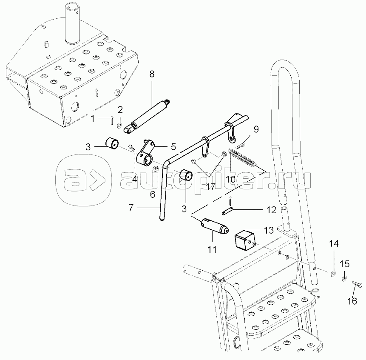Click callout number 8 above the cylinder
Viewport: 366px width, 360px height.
coord(152,74)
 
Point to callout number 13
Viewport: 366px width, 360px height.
coord(269,230)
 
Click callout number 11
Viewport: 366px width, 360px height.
coord(213,249)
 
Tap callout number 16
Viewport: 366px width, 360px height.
coord(352,301)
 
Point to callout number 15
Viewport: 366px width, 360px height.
coord(344,264)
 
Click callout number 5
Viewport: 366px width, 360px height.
coord(173,147)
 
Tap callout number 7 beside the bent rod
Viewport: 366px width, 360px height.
coord(131,208)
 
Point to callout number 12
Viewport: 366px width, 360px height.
coord(271,210)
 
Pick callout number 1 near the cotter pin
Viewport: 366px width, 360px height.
coord(93,119)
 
